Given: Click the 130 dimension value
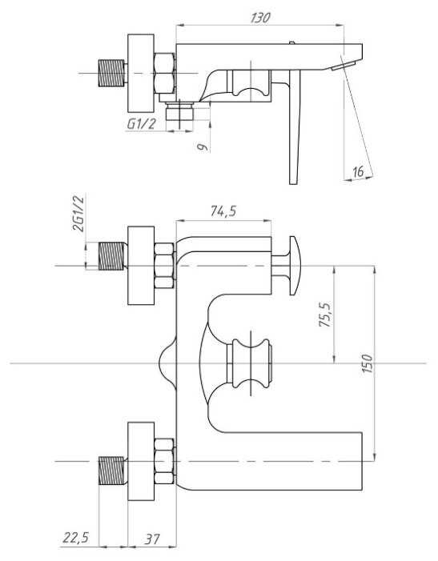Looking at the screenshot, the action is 259,18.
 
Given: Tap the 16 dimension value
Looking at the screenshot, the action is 358,171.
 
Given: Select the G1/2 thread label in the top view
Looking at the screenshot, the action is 142,124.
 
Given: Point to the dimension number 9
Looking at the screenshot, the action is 203,146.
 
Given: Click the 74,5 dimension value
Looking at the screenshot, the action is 223,211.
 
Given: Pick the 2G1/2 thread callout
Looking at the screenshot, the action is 78,213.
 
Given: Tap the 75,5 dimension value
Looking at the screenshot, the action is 325,315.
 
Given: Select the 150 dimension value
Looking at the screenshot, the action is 368,363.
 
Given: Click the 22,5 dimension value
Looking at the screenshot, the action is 76,537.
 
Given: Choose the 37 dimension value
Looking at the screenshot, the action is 151,539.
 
